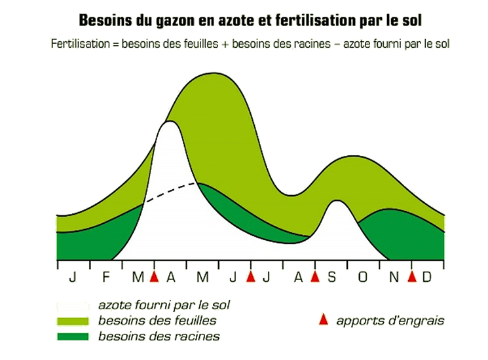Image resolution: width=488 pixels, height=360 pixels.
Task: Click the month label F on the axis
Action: tap(106, 277)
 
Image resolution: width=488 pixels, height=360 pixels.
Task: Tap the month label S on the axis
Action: tap(331, 277)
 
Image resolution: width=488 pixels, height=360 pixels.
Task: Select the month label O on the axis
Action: tap(363, 277)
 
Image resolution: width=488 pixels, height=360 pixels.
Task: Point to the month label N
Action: tap(394, 277)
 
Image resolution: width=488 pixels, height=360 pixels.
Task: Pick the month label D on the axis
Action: tap(426, 277)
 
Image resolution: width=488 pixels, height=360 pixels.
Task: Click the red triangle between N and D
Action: tap(412, 276)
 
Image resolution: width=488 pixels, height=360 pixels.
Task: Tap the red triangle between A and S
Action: tap(315, 276)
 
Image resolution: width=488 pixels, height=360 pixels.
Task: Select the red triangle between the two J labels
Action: tap(250, 276)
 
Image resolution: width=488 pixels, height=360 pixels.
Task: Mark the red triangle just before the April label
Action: tap(155, 276)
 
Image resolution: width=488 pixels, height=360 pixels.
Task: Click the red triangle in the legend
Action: tap(324, 319)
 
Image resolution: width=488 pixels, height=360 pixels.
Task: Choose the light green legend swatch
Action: tap(73, 321)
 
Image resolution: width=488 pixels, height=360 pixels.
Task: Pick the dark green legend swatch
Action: tap(73, 336)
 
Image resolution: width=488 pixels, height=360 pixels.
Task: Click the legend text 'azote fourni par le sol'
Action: tap(164, 305)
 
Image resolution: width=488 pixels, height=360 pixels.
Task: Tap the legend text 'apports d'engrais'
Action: tap(390, 321)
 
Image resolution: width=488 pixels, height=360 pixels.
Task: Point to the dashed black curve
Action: tap(170, 191)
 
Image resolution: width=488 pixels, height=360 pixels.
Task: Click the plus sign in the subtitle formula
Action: tap(225, 44)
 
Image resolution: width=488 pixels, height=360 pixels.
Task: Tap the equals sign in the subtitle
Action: tap(115, 44)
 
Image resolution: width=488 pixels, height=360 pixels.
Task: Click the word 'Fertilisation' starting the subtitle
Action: tap(81, 43)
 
